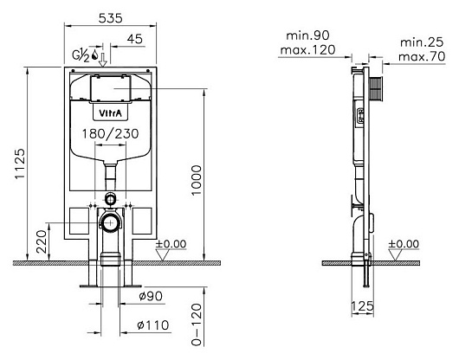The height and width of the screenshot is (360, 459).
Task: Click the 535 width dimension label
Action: click(110, 18)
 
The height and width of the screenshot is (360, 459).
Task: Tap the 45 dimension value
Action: click(135, 39)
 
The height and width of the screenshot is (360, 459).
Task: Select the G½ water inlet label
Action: click(81, 55)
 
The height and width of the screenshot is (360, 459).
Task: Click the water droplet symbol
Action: click(94, 55)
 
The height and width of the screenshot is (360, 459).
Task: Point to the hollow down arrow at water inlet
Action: click(103, 60)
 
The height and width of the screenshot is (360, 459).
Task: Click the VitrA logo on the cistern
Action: click(110, 113)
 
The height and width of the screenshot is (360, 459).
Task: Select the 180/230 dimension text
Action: click(110, 134)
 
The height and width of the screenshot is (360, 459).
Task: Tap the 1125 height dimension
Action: click(21, 164)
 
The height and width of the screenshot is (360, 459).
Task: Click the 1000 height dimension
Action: click(197, 180)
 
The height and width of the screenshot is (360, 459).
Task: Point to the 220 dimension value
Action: click(42, 241)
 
